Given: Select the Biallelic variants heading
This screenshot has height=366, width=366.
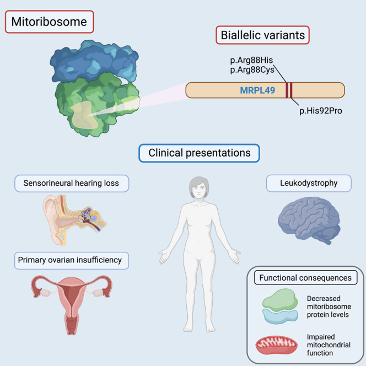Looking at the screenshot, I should tap(262, 36).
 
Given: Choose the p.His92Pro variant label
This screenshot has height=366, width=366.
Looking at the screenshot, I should tap(322, 110).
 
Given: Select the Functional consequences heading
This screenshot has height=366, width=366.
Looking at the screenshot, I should tap(305, 278).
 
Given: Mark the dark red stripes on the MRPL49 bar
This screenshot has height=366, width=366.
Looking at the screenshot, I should tap(288, 90).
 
